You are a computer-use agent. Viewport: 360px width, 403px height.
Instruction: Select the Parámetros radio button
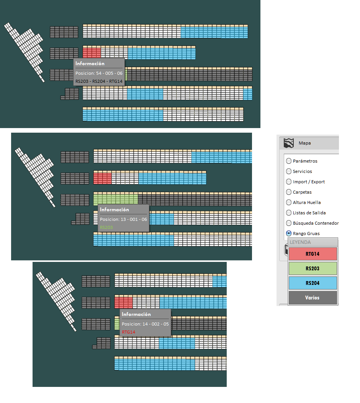289,161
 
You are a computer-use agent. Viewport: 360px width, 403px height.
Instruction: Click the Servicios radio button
289,171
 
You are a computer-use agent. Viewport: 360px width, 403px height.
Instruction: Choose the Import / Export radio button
289,182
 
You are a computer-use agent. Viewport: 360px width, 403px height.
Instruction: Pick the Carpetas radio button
289,192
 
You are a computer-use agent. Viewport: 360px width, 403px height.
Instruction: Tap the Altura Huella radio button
289,202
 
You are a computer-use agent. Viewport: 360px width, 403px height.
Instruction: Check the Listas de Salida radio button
289,213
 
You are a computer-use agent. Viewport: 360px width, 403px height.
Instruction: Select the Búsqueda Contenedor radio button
289,223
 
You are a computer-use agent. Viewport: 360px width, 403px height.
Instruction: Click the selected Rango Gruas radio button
289,233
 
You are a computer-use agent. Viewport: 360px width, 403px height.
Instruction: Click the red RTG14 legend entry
313,254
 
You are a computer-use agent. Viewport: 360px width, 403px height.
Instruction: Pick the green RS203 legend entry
313,268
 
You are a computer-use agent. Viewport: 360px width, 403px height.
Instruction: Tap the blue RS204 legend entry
313,283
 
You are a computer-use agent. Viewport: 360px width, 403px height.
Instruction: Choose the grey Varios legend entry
313,298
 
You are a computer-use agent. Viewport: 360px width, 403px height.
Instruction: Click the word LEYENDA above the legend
300,242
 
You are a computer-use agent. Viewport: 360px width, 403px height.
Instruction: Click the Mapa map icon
288,143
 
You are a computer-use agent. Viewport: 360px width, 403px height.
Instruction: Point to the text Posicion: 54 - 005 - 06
99,73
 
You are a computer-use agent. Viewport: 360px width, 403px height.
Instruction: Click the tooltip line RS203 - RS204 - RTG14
99,81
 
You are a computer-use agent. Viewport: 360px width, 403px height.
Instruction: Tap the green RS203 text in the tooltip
106,227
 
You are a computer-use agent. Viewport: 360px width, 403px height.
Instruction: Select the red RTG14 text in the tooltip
128,332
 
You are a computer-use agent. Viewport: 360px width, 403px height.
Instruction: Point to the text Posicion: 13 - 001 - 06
123,219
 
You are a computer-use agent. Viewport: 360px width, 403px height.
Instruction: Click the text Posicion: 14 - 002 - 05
145,324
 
